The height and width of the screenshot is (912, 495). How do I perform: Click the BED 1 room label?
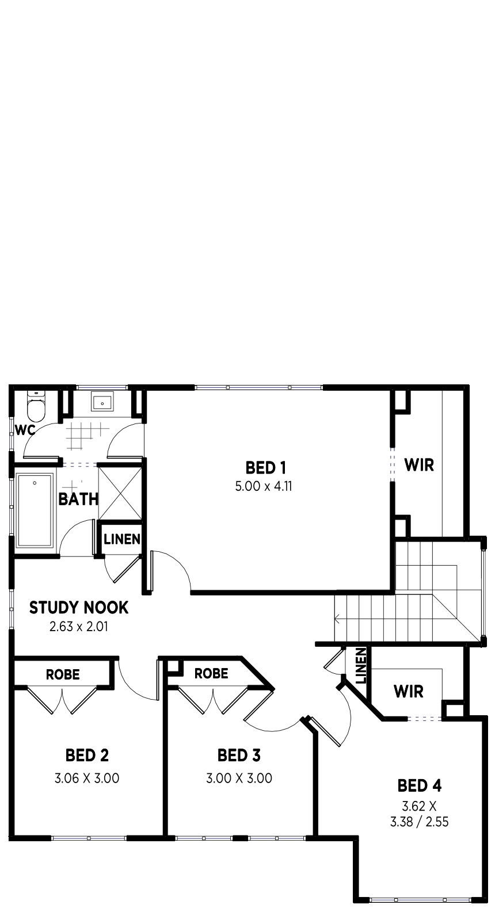click(265, 468)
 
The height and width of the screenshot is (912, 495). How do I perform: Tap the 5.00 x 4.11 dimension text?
click(264, 486)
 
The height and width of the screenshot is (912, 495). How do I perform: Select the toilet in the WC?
click(36, 406)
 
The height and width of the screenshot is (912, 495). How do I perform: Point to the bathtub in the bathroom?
click(35, 510)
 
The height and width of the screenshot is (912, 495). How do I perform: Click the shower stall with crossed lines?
click(120, 493)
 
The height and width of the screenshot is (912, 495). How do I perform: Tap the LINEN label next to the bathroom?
click(122, 540)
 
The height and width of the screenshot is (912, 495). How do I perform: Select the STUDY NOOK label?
click(79, 608)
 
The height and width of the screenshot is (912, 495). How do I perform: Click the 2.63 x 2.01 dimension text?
click(79, 626)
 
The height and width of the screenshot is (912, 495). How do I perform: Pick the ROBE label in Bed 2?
click(63, 674)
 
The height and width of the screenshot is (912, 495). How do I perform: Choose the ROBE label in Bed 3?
click(211, 673)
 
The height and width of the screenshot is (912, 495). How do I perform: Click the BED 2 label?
click(87, 755)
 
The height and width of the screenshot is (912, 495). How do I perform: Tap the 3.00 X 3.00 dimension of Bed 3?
click(239, 778)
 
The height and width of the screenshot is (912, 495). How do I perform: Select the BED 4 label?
click(420, 786)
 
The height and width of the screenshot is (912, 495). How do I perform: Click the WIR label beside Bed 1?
click(419, 464)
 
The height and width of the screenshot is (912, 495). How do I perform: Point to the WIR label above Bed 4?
click(409, 691)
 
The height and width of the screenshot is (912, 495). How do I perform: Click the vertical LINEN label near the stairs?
click(361, 666)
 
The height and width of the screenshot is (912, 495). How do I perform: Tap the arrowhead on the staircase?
click(337, 619)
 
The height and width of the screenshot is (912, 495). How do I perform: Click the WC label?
click(25, 430)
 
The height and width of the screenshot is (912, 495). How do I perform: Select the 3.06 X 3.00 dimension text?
click(87, 778)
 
